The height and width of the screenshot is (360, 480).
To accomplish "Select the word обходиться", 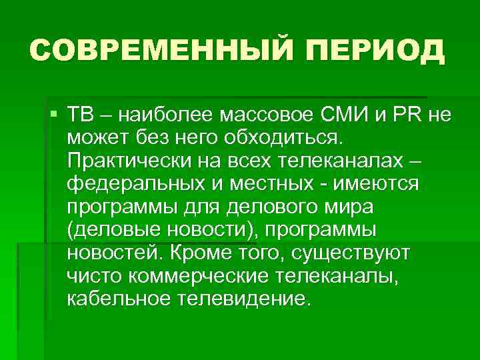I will click(x=279, y=138).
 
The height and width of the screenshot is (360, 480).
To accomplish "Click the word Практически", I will click(x=127, y=161).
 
